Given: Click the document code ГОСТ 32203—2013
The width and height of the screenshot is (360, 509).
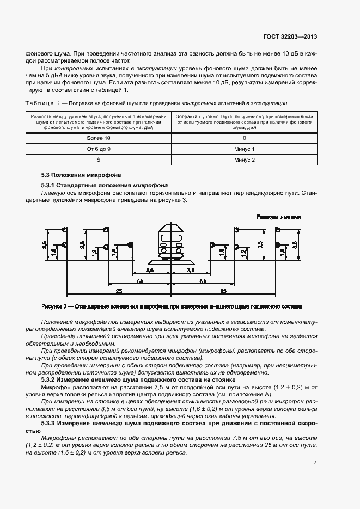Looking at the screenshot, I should pyautogui.click(x=286, y=37).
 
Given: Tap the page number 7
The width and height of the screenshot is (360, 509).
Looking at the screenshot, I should pyautogui.click(x=315, y=463).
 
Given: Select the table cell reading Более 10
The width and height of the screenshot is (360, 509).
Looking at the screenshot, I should pyautogui.click(x=99, y=138).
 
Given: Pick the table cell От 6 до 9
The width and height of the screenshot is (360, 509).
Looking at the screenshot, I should pyautogui.click(x=99, y=149).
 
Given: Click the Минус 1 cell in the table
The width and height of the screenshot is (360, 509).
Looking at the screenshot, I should pyautogui.click(x=245, y=149).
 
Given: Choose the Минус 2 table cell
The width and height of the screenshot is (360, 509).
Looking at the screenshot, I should pyautogui.click(x=245, y=160).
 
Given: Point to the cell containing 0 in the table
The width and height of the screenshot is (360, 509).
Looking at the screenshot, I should pyautogui.click(x=245, y=138).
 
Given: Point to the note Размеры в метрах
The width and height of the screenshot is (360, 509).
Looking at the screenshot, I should pyautogui.click(x=279, y=217).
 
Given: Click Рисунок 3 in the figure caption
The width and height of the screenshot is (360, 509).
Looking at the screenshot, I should pyautogui.click(x=54, y=306).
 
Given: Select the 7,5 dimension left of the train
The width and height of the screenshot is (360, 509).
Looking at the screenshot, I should pyautogui.click(x=139, y=281).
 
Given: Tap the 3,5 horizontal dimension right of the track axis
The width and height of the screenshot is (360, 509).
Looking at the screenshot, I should pyautogui.click(x=192, y=270).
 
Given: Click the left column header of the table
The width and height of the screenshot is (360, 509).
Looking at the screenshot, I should pyautogui.click(x=99, y=122).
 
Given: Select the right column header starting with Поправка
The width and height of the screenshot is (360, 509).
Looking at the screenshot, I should pyautogui.click(x=245, y=122).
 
